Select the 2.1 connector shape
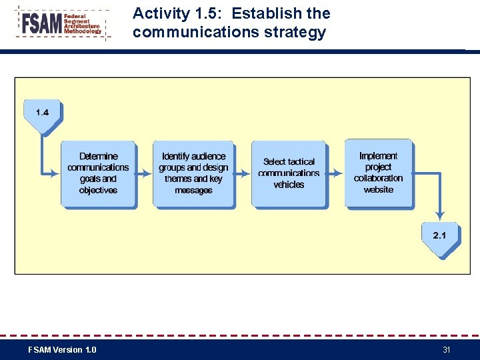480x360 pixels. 439,237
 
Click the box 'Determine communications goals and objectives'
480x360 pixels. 98,173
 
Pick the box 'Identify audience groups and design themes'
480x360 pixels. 193,173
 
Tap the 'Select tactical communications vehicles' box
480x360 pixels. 289,173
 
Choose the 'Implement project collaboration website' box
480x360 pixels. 378,173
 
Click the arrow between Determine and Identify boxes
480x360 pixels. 144,173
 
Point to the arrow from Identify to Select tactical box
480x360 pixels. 243,173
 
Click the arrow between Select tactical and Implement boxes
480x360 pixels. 335,173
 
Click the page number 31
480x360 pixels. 446,350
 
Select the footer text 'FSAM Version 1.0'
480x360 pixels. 62,350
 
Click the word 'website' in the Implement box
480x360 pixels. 379,190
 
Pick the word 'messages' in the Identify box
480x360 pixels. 193,191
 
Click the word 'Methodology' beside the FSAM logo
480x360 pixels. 83,31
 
